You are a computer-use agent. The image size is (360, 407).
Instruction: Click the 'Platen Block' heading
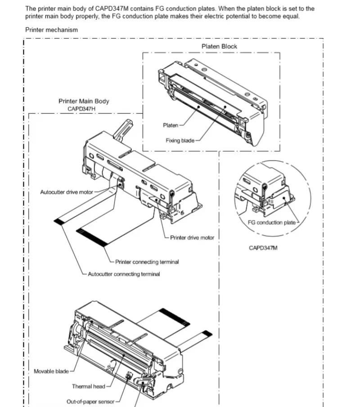tap(219, 46)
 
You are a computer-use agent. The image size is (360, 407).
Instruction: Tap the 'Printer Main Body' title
tap(84, 101)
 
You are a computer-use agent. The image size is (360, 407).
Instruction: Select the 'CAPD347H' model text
tap(81, 109)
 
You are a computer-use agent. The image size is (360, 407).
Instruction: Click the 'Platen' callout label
tap(171, 125)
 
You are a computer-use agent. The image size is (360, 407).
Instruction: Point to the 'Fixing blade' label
tap(180, 140)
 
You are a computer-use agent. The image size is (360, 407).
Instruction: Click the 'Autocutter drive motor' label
tap(67, 192)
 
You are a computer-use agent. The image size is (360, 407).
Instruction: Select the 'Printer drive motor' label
tap(192, 237)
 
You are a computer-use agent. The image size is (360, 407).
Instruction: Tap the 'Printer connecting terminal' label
tap(147, 262)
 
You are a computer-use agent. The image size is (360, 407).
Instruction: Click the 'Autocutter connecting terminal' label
tap(124, 274)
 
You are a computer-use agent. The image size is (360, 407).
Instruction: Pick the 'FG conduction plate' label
tap(272, 223)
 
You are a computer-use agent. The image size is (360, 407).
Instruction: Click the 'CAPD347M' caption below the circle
tap(263, 248)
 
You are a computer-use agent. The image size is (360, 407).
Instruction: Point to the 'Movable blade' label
tap(51, 371)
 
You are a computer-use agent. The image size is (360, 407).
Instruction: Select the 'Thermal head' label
tap(89, 386)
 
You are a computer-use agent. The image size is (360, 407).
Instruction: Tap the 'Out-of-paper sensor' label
tap(90, 402)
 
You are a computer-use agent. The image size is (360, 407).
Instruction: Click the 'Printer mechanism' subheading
tap(51, 30)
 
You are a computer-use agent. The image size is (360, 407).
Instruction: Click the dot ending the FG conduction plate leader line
tap(284, 198)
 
